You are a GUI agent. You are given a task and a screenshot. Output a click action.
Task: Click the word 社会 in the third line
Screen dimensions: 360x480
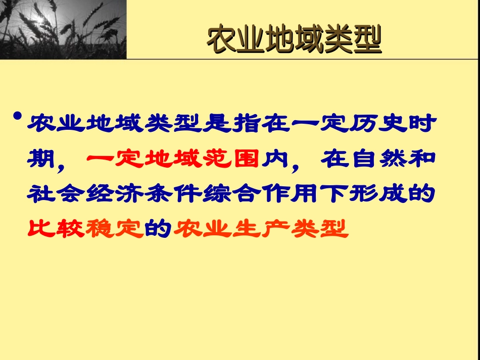pos(56,195)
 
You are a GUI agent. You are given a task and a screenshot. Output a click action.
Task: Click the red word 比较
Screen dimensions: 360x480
pos(56,230)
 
